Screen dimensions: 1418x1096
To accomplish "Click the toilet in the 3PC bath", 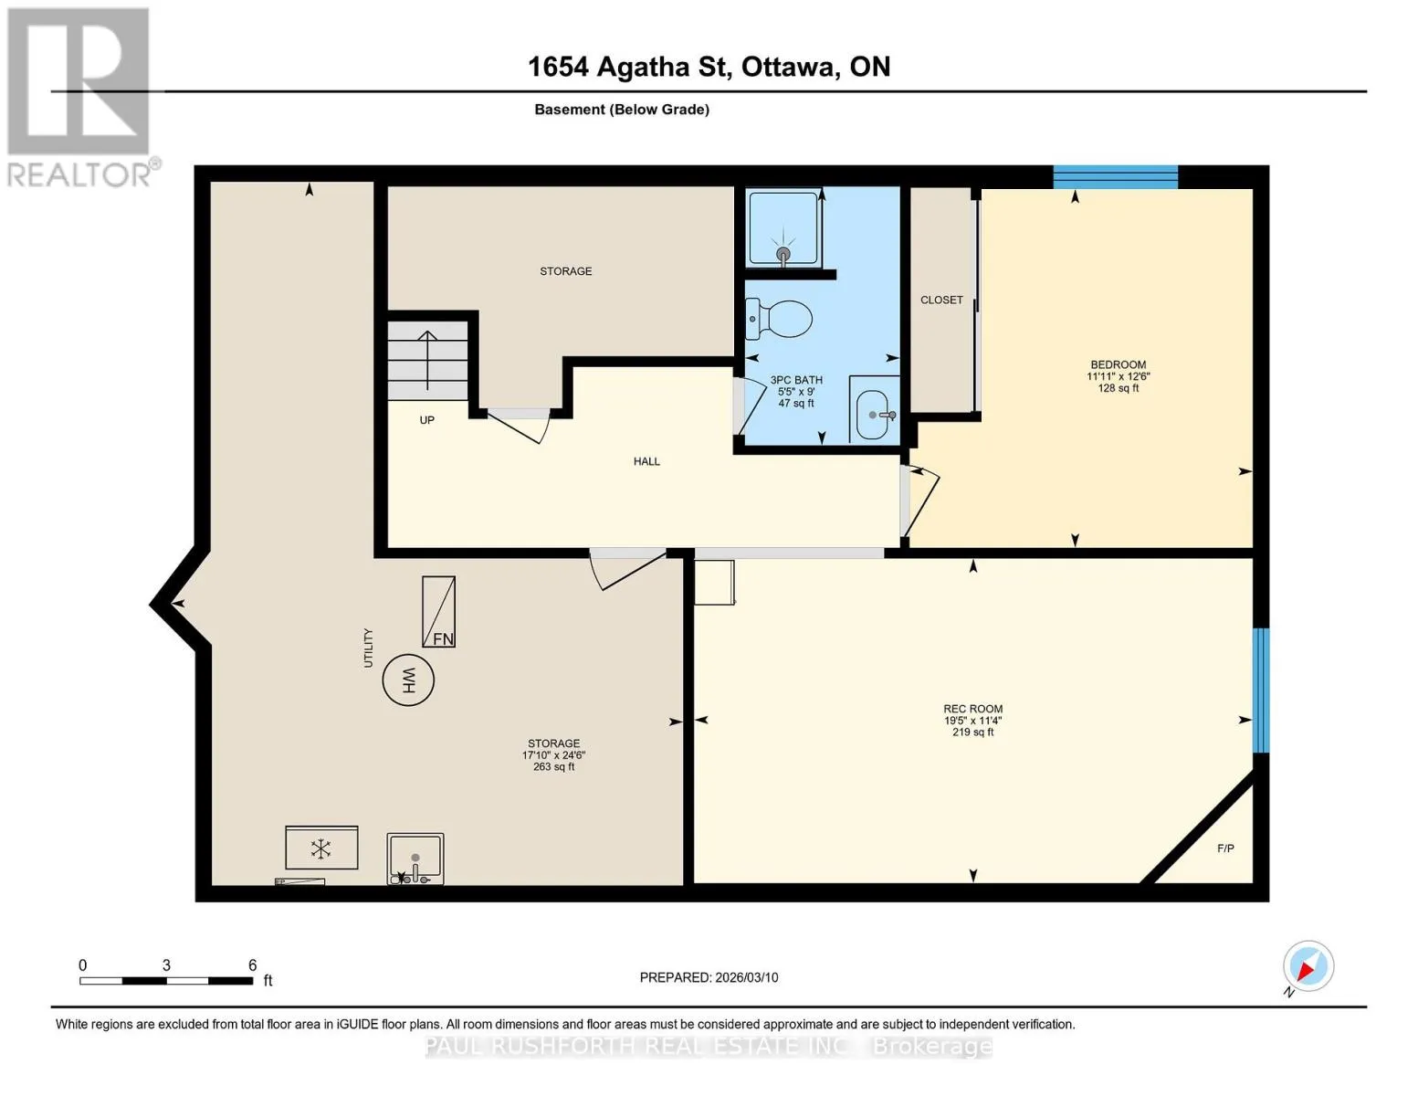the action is click(x=779, y=319).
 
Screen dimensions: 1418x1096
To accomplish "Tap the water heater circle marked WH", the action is click(x=408, y=680).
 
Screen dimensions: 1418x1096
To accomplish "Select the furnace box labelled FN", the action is click(x=438, y=612).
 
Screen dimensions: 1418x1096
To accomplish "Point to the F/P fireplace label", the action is click(x=1225, y=848).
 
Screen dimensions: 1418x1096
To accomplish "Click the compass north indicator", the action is click(x=1308, y=967).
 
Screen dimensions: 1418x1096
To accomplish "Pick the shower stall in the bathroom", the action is click(x=783, y=227).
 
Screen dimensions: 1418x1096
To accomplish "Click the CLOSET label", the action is click(x=941, y=300).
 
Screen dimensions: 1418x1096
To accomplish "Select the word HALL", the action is click(x=646, y=461).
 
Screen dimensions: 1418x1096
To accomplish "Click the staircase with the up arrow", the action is click(x=427, y=361).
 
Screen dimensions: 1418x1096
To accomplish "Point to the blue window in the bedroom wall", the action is click(x=1115, y=177).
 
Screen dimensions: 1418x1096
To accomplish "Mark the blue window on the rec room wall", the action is click(x=1261, y=690).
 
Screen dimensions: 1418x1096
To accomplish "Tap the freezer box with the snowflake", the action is click(x=321, y=848).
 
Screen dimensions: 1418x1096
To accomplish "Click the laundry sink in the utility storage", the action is click(x=415, y=859).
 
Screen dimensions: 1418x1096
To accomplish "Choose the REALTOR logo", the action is click(x=80, y=98).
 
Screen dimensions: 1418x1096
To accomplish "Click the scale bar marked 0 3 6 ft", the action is click(x=166, y=980).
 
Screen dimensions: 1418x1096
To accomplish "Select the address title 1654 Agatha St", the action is click(x=709, y=67).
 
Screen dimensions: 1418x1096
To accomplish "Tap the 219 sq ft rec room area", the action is click(x=973, y=732).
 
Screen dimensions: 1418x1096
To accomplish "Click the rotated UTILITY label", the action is click(x=368, y=648).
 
